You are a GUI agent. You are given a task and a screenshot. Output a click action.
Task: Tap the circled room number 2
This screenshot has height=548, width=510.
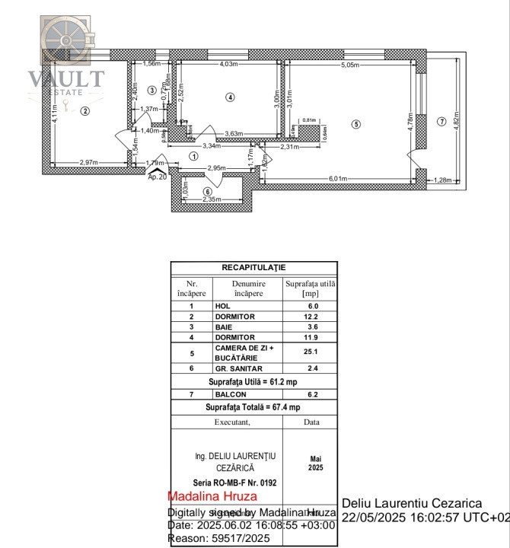click(x=85, y=111)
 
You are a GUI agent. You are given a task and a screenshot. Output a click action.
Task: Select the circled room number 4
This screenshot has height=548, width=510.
click(x=231, y=97)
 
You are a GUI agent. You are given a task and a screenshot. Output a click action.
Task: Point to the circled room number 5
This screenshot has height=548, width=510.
click(x=355, y=123)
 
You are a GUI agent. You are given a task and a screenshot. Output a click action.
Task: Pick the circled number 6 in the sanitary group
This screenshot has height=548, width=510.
click(x=208, y=190)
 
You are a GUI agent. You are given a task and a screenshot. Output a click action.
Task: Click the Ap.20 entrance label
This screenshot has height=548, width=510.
click(x=157, y=177)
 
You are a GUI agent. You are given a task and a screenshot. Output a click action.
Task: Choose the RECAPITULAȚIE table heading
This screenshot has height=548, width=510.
click(x=253, y=268)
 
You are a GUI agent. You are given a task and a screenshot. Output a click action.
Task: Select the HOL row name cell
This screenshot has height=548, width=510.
click(x=222, y=305)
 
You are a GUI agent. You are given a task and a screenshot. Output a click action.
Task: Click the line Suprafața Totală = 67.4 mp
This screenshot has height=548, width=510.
click(x=253, y=407)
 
